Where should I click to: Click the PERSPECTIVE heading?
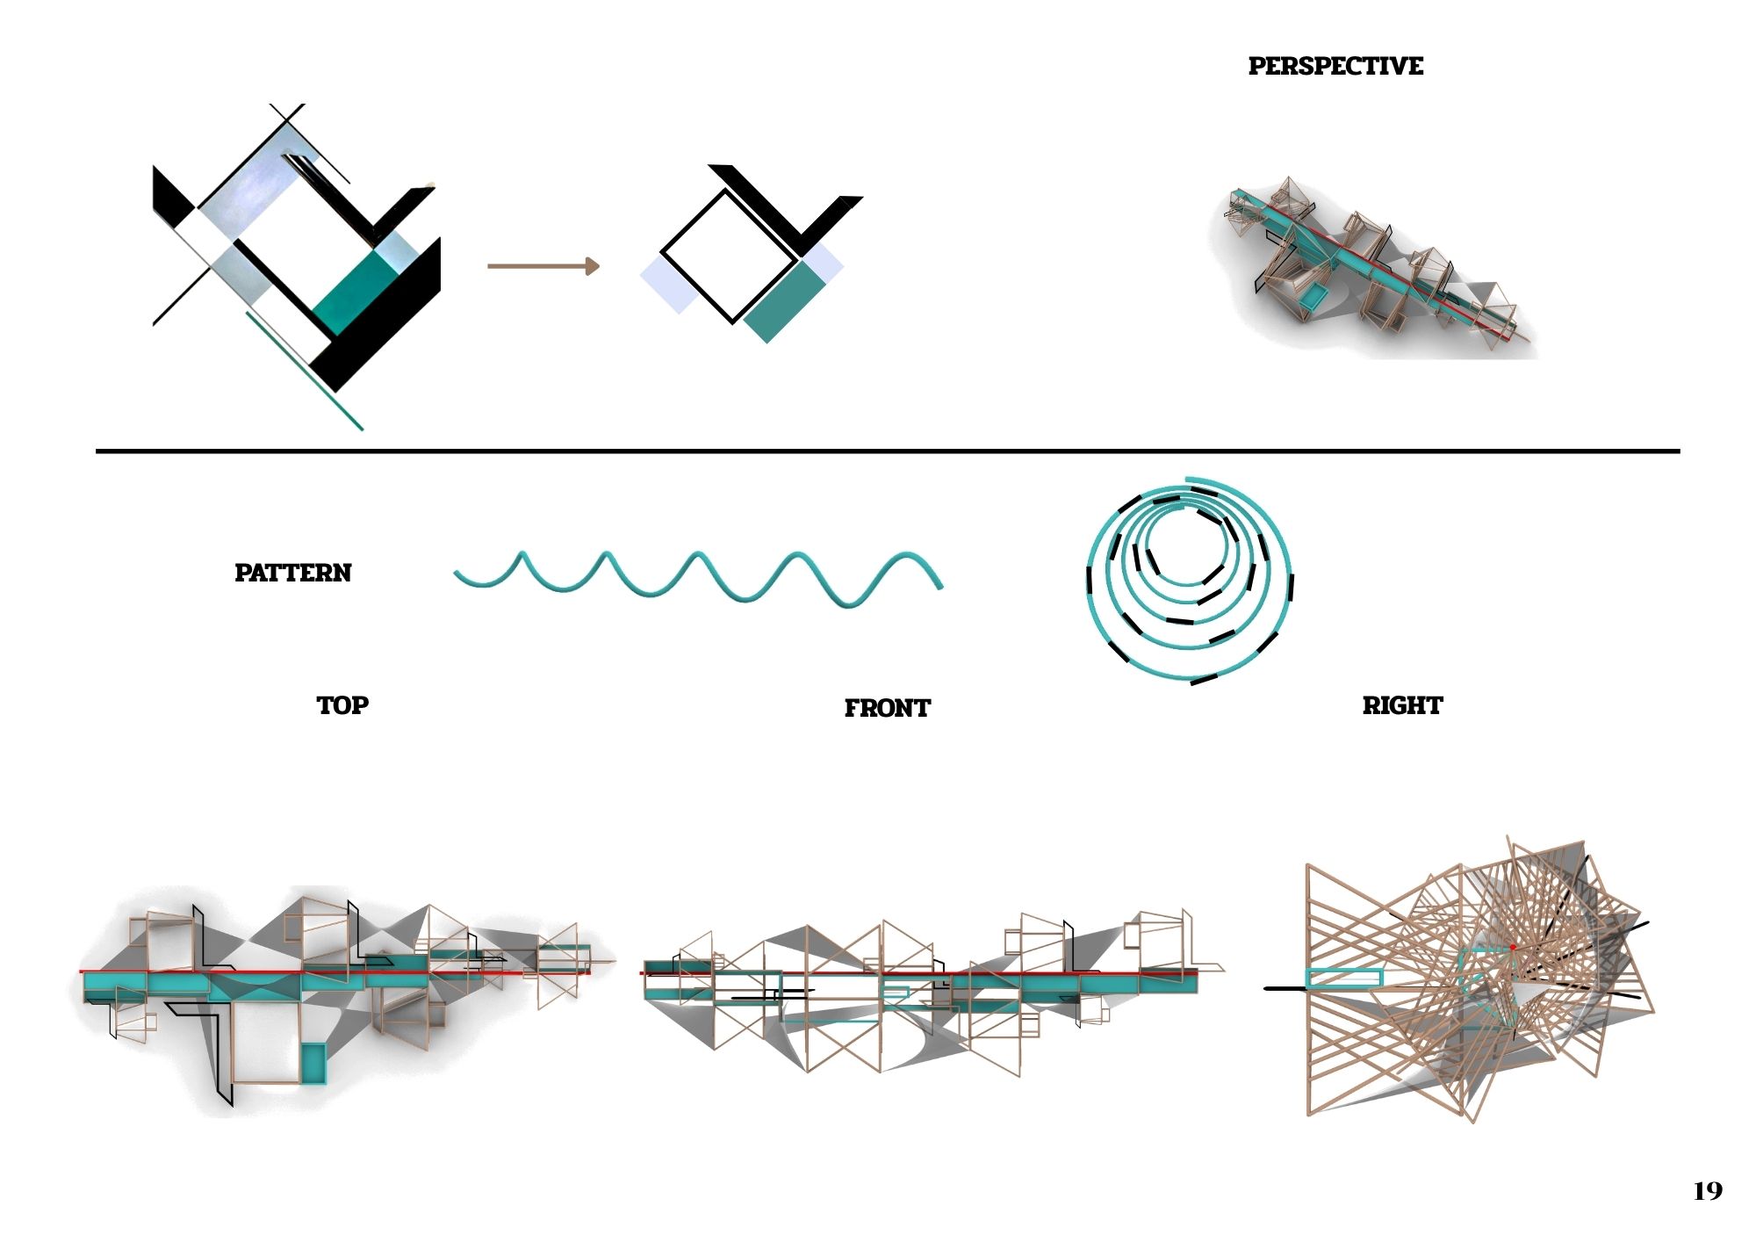1335,66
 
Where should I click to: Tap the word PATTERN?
292,573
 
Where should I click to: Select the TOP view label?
342,705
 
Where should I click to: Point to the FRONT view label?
887,708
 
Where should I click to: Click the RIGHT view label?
1402,705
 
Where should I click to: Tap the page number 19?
1708,1191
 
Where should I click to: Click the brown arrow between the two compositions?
543,266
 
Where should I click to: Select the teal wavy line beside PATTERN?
699,578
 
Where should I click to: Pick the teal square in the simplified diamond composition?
784,302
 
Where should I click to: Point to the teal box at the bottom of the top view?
313,1063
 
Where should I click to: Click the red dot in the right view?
1513,948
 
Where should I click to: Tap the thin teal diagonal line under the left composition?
305,371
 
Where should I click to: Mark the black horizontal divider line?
888,451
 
